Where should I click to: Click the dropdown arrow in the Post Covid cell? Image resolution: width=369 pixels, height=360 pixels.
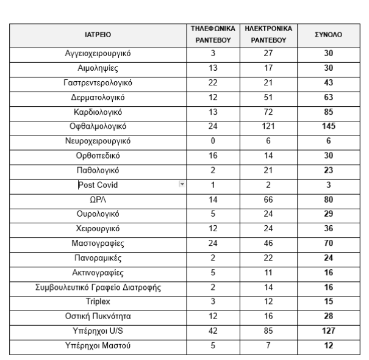(181, 184)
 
